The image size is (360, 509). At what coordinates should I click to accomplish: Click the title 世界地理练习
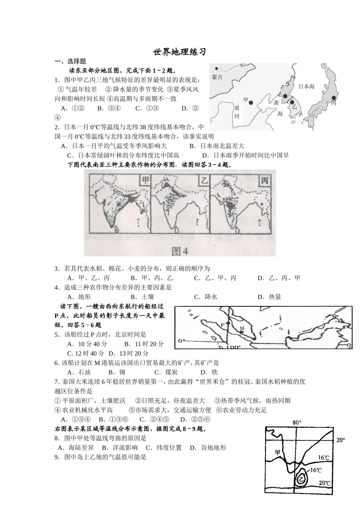180,52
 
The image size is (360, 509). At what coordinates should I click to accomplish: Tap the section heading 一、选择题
70,61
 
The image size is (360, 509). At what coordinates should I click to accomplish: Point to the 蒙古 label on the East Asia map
218,77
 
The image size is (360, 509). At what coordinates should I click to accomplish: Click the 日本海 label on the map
306,86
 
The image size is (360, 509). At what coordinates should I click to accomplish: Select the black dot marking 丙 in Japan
334,98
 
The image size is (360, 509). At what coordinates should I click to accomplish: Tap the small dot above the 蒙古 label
216,69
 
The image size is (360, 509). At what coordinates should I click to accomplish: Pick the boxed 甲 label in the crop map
145,181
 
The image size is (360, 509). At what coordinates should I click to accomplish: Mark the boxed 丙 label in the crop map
264,181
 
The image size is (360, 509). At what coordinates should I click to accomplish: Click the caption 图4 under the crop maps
180,250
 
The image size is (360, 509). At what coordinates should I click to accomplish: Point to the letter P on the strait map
222,325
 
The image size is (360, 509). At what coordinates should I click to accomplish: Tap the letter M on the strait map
242,328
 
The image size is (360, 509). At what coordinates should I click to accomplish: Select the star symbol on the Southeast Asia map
334,316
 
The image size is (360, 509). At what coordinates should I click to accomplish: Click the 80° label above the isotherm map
297,422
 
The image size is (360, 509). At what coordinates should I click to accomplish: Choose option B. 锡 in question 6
116,372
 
